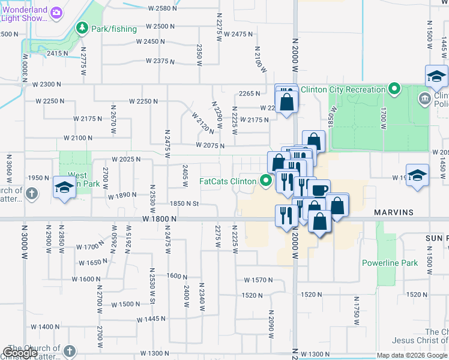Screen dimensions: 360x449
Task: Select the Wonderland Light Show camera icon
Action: pyautogui.click(x=56, y=13)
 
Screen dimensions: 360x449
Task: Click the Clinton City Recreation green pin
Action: pyautogui.click(x=394, y=89)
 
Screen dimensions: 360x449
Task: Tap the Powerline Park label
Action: pyautogui.click(x=390, y=263)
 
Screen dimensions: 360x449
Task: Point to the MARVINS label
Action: pyautogui.click(x=394, y=212)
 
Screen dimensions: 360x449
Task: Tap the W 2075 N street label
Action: pyautogui.click(x=209, y=146)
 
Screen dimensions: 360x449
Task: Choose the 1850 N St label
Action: pyautogui.click(x=184, y=204)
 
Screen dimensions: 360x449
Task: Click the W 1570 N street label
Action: pyautogui.click(x=258, y=280)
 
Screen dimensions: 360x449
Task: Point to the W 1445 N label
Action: pyautogui.click(x=151, y=319)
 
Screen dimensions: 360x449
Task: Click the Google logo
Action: pyautogui.click(x=20, y=353)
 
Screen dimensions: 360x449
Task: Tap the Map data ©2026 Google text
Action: pyautogui.click(x=411, y=355)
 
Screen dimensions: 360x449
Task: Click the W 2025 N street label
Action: pyautogui.click(x=125, y=160)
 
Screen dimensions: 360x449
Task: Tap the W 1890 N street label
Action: pyautogui.click(x=122, y=196)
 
